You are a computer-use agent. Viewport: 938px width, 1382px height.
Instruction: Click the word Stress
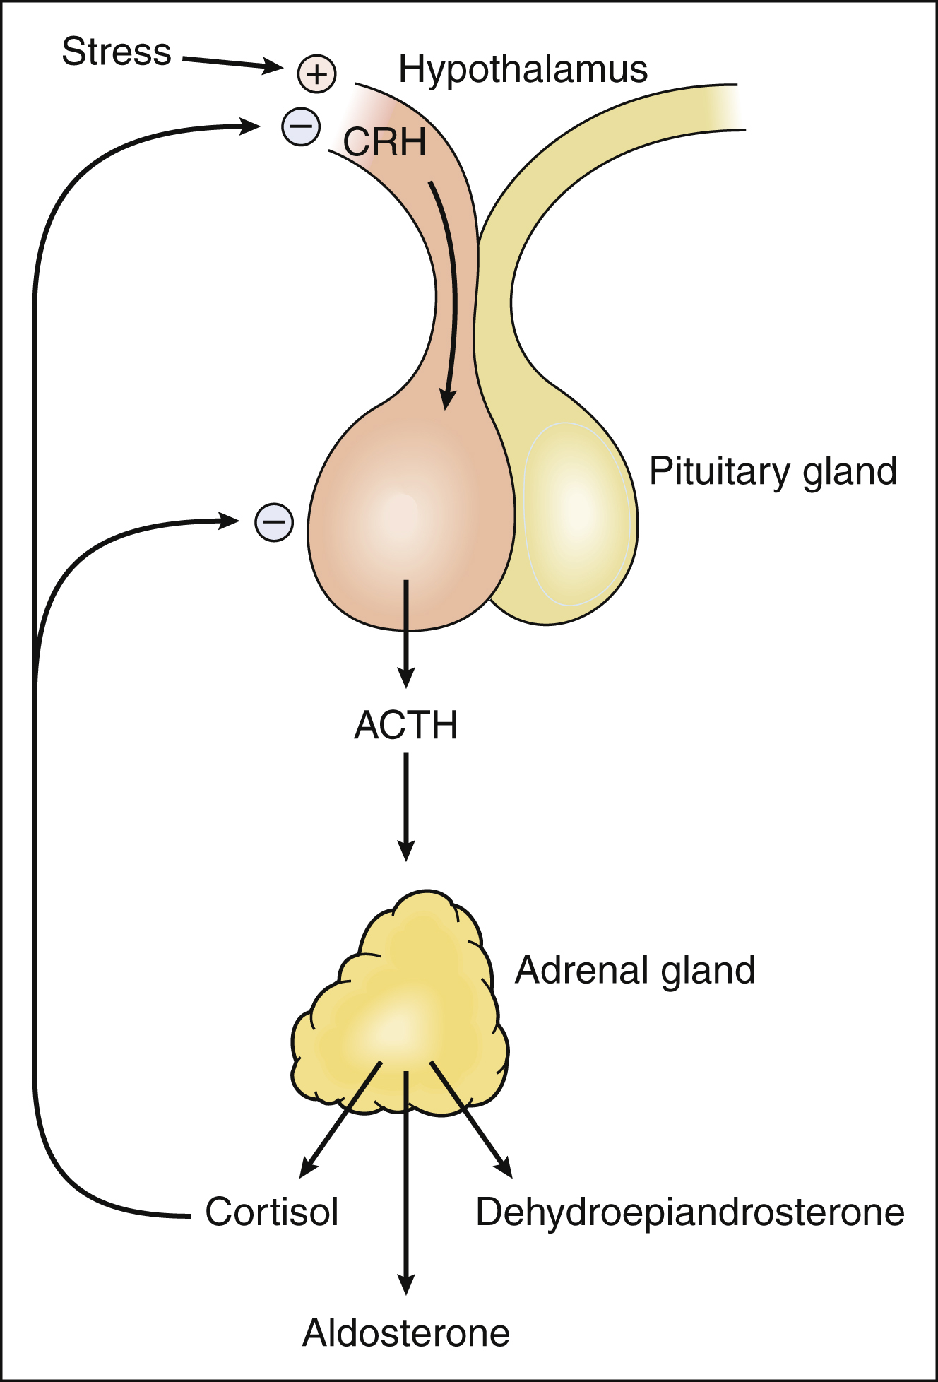pyautogui.click(x=117, y=52)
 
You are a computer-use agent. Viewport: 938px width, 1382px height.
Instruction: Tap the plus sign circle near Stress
pyautogui.click(x=316, y=73)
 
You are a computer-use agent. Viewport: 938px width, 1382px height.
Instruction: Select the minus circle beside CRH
pyautogui.click(x=301, y=127)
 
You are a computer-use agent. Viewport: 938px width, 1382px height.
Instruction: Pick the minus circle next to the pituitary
pyautogui.click(x=274, y=523)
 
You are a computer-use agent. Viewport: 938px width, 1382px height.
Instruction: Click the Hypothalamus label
pyautogui.click(x=523, y=69)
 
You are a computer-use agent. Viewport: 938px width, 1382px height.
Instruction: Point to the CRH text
pyautogui.click(x=385, y=142)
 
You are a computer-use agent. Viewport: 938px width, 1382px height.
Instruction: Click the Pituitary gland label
pyautogui.click(x=773, y=471)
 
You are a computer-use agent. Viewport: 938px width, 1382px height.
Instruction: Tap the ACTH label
pyautogui.click(x=406, y=725)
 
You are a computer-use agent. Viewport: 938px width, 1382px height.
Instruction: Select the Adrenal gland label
pyautogui.click(x=635, y=970)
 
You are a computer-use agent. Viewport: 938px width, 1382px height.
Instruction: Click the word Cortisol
pyautogui.click(x=272, y=1212)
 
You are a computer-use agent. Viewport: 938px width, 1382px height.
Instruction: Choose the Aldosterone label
pyautogui.click(x=406, y=1333)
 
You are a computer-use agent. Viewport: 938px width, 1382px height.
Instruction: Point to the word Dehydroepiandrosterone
pyautogui.click(x=690, y=1212)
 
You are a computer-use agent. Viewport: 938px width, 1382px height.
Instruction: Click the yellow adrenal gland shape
pyautogui.click(x=400, y=1003)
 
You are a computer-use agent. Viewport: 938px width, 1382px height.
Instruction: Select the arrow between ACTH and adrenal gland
pyautogui.click(x=406, y=805)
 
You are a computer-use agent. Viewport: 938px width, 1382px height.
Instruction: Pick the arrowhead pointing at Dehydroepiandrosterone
pyautogui.click(x=504, y=1167)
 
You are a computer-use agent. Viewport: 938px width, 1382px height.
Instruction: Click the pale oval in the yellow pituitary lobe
pyautogui.click(x=577, y=514)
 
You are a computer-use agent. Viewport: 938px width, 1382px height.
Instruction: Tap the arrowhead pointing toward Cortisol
pyautogui.click(x=309, y=1167)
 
